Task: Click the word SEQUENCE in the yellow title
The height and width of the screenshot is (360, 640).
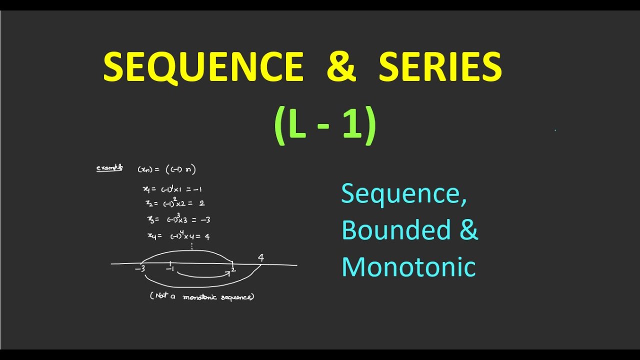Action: click(x=203, y=67)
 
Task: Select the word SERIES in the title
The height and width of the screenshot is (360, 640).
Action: click(x=440, y=67)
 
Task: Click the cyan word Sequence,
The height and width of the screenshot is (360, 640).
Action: click(x=404, y=194)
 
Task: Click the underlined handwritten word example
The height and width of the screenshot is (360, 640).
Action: click(x=109, y=168)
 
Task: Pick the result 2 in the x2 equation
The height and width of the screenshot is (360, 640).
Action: click(x=201, y=203)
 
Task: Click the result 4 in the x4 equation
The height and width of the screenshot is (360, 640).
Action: click(x=207, y=236)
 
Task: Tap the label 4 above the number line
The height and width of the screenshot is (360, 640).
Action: click(x=260, y=258)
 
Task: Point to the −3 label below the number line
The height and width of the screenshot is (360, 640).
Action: click(x=139, y=269)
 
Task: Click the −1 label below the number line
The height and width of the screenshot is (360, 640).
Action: click(x=170, y=269)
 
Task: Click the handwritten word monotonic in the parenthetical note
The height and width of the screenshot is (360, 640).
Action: click(x=199, y=297)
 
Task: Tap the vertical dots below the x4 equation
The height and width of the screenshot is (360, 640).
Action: click(x=192, y=246)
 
